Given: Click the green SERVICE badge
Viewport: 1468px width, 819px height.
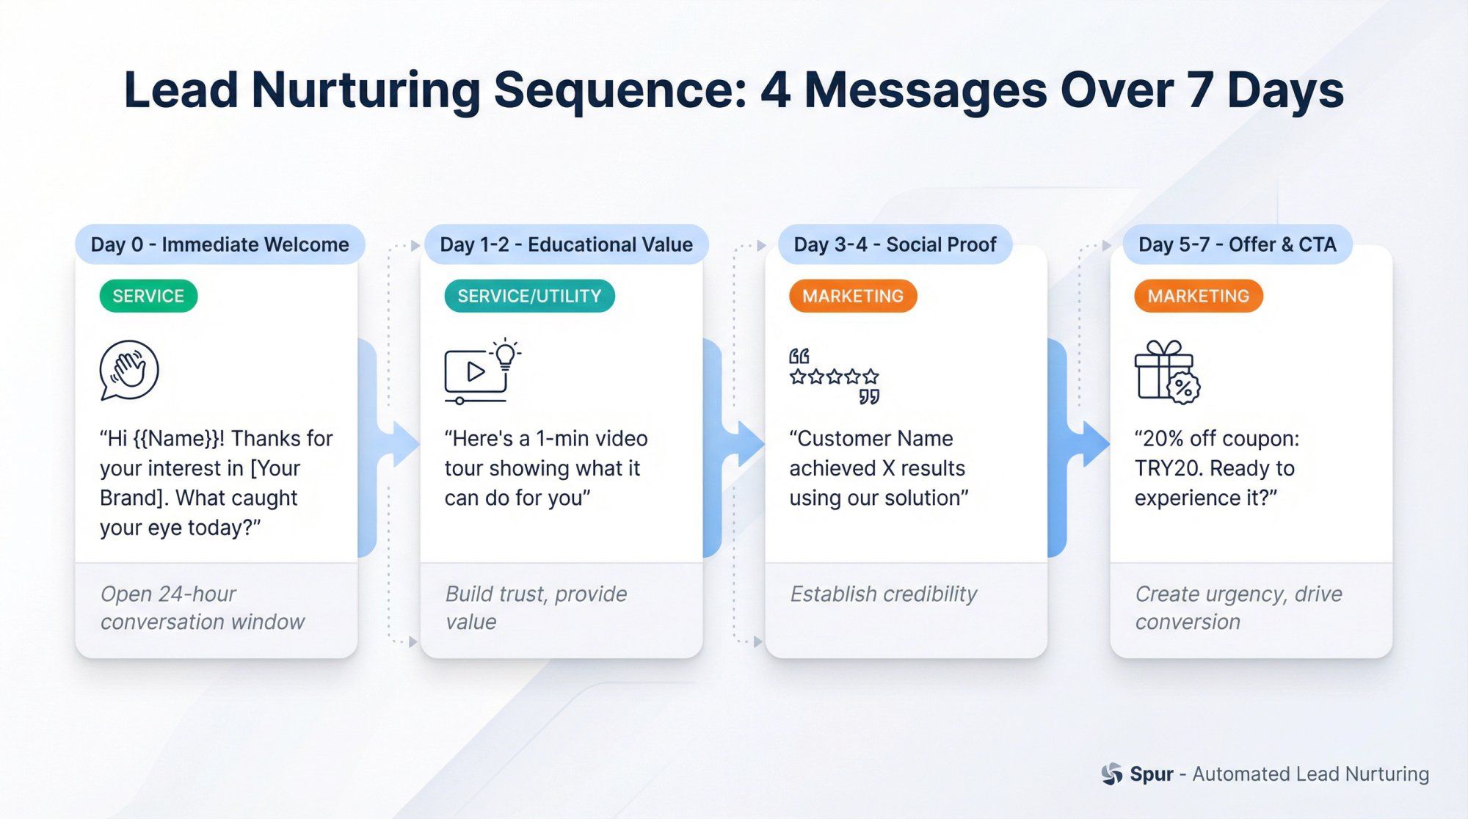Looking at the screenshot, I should (148, 296).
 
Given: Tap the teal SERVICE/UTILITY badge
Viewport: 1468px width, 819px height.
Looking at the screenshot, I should (529, 296).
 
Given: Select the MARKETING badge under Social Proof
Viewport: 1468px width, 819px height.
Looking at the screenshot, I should (852, 296).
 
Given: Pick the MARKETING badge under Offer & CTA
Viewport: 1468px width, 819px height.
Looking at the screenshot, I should (1198, 296).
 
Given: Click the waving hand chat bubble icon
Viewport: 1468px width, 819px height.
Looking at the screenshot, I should (129, 370).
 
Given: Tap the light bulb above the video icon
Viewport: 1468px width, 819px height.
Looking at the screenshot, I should (505, 354).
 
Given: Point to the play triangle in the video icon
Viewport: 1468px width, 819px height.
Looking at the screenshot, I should (476, 371).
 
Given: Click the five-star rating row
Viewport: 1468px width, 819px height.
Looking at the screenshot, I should (834, 377).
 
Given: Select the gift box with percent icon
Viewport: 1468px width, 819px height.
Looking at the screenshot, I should (1166, 372).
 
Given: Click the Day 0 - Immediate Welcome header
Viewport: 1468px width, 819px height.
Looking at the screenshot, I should (219, 244).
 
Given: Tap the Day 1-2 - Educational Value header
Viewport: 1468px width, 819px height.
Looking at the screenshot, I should (565, 244).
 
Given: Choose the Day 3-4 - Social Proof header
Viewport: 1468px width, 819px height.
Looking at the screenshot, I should (895, 244).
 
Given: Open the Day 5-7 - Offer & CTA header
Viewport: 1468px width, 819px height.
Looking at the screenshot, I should (1237, 244).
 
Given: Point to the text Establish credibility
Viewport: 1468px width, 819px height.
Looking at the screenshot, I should (883, 594).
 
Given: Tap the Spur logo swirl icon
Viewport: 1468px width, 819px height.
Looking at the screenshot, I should (1112, 773).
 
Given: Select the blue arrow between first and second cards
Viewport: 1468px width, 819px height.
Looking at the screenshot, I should (401, 443).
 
